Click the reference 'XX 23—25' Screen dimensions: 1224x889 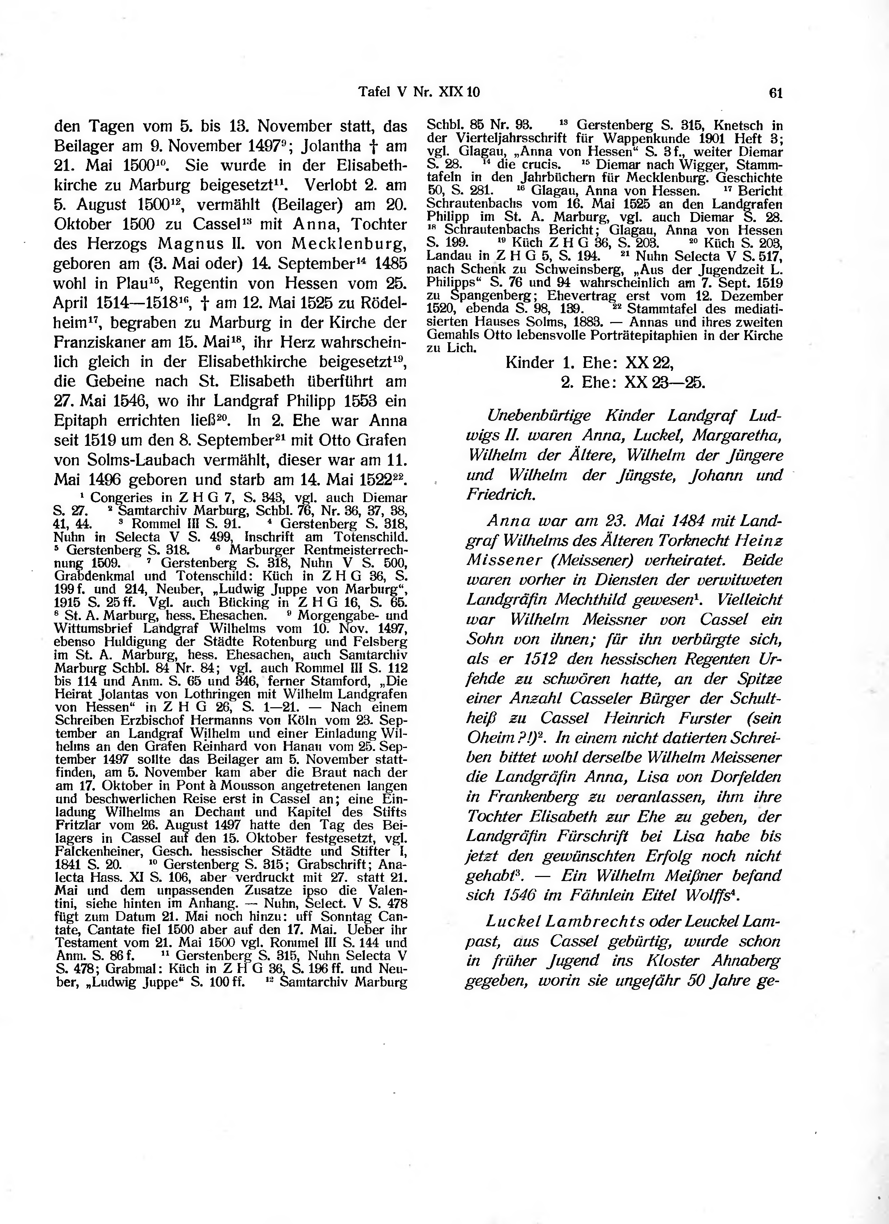tap(664, 382)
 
